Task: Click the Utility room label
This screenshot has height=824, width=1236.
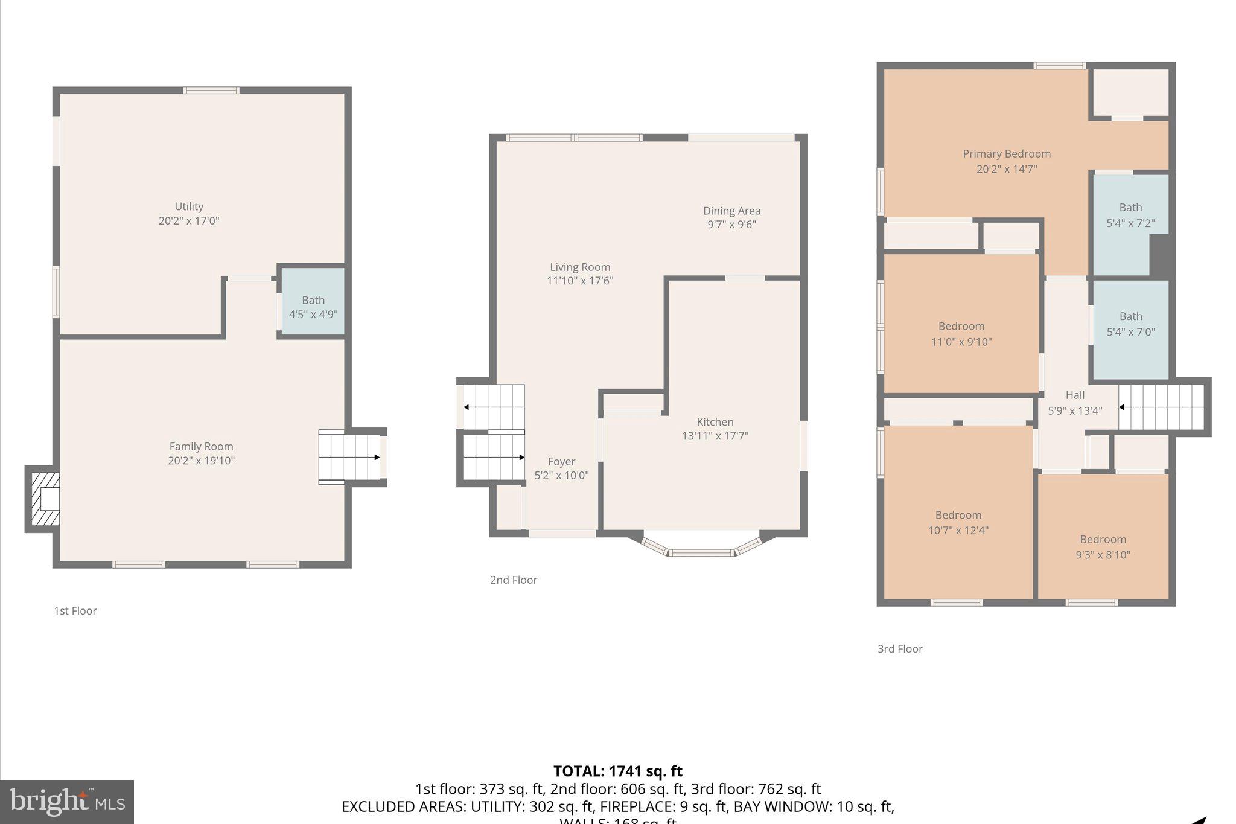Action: [189, 206]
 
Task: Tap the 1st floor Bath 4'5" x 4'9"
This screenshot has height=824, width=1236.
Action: [313, 307]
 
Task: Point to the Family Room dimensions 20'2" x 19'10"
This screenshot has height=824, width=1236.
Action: [201, 461]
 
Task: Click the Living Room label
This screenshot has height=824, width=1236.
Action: [580, 267]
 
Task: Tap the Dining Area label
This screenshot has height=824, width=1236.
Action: [731, 211]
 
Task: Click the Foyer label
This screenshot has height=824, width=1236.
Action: [561, 462]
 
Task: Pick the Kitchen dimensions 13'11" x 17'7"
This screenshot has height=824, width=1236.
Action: [715, 436]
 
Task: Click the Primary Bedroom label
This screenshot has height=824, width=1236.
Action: [1007, 154]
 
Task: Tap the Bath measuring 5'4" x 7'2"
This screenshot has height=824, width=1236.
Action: [1130, 215]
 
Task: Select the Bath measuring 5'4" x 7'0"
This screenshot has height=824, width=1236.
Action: [1130, 324]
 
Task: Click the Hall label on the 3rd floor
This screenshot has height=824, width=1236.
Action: [1075, 395]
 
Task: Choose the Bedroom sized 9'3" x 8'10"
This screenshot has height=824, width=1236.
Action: [1103, 547]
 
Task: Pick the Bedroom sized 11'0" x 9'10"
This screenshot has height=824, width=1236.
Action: [961, 334]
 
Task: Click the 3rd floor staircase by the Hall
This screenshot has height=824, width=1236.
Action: [1161, 407]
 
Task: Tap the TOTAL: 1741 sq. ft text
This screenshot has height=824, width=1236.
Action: [617, 771]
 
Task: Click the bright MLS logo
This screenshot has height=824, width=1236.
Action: [67, 801]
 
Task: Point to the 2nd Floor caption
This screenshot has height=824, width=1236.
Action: [514, 580]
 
